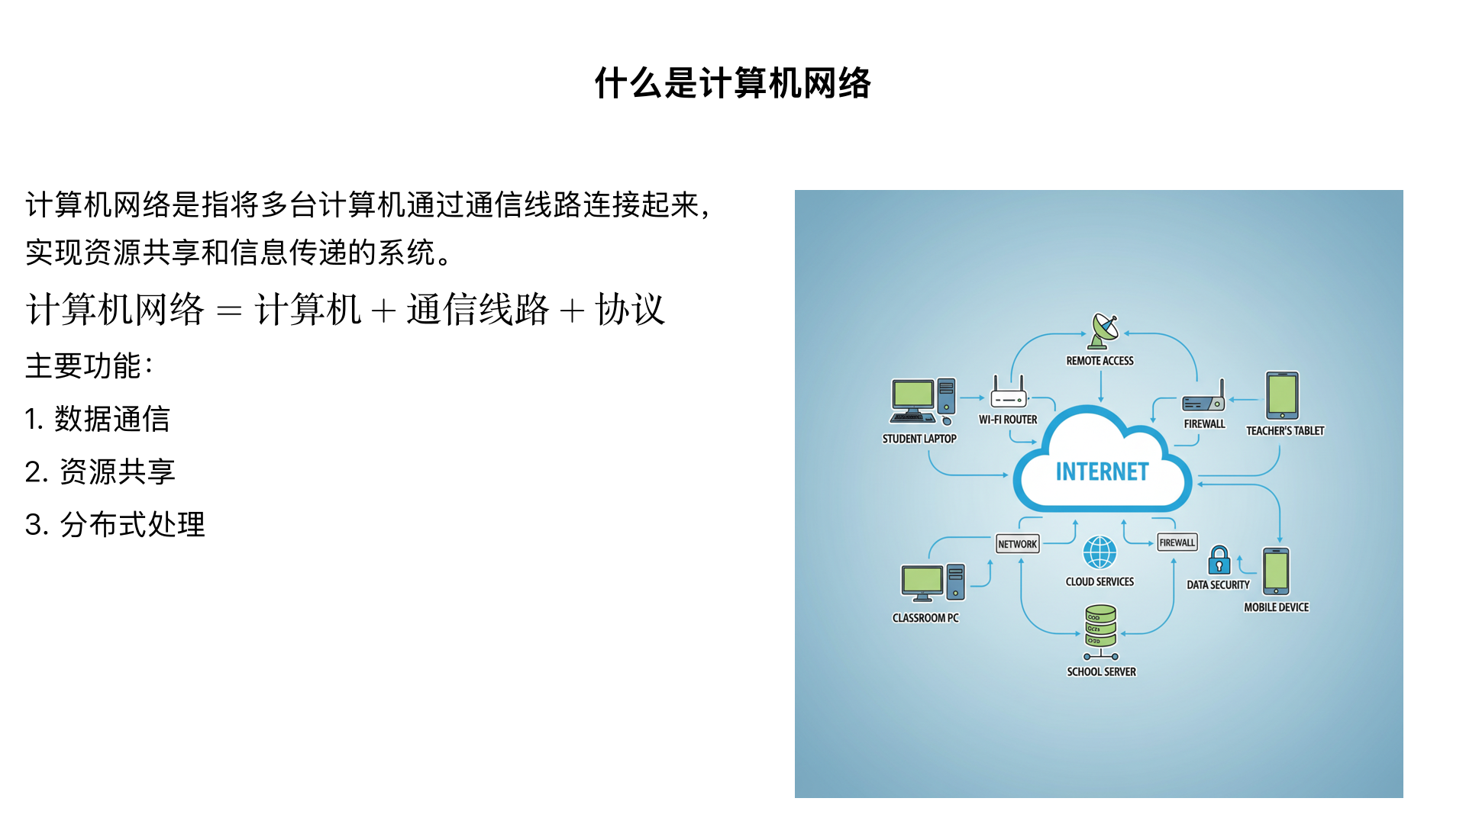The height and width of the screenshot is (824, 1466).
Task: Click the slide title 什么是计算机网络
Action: click(x=732, y=82)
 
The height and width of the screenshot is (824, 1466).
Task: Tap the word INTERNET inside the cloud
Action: click(x=1102, y=472)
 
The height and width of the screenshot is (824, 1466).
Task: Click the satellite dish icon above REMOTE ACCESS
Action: click(x=1103, y=331)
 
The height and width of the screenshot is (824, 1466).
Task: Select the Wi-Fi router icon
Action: click(x=1008, y=394)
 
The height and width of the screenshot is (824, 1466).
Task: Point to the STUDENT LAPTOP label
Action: click(x=919, y=439)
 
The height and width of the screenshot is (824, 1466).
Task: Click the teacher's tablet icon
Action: click(x=1282, y=395)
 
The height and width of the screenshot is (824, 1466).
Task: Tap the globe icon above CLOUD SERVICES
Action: click(x=1099, y=552)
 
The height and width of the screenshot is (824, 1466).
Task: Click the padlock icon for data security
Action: click(x=1219, y=561)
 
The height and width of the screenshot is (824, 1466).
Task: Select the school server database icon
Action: click(x=1100, y=627)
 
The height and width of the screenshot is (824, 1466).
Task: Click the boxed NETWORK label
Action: click(x=1017, y=544)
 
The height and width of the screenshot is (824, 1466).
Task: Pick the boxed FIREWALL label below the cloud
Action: click(x=1177, y=542)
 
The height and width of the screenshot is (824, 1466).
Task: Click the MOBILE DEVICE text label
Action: click(x=1276, y=607)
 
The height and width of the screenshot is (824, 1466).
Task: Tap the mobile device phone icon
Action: click(x=1276, y=571)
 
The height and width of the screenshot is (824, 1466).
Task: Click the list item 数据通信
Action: click(x=111, y=419)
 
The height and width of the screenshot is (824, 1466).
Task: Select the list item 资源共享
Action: click(x=117, y=472)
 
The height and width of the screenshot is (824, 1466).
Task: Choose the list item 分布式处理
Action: click(x=132, y=524)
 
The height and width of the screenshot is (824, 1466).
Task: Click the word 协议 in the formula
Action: click(x=630, y=310)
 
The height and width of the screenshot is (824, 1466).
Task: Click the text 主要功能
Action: click(x=83, y=365)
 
